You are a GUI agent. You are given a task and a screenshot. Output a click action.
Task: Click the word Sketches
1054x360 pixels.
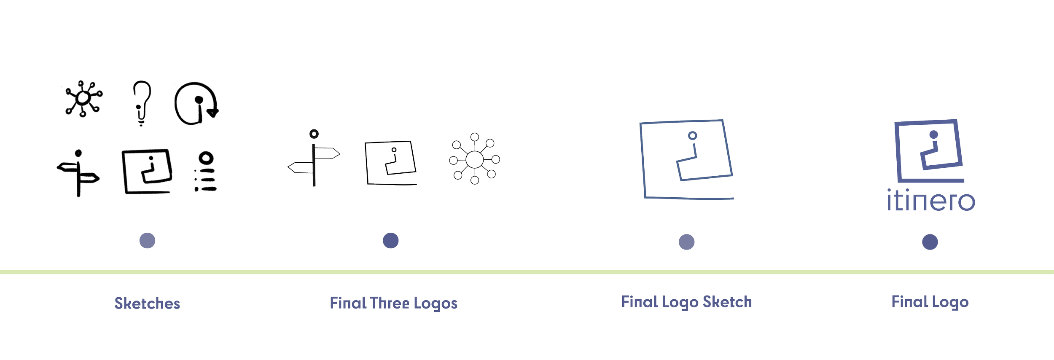coord(147,303)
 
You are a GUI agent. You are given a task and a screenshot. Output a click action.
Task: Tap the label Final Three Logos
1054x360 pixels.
coord(393,303)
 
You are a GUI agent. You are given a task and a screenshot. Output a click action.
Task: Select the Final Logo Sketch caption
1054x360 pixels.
coord(686,302)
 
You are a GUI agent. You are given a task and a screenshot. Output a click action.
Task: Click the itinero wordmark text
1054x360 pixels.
coord(931,200)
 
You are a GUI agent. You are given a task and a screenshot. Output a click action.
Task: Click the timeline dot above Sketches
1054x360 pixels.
coord(147,241)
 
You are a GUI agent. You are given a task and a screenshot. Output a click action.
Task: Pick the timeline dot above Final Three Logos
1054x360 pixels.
coord(391,241)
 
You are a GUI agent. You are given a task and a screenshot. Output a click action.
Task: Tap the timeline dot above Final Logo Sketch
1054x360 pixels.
coord(686,242)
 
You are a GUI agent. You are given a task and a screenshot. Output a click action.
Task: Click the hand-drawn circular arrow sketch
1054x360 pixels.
coord(176,103)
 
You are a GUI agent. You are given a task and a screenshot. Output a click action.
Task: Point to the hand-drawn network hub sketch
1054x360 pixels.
coord(83,98)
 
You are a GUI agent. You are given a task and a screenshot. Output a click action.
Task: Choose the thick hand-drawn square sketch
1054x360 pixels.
coord(125,172)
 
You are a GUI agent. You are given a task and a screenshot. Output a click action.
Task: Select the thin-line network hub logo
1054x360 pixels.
coord(475,159)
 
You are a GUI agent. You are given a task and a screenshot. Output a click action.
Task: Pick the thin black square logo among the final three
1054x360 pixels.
coord(367,163)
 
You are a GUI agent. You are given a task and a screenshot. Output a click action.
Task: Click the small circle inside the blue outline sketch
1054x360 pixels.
coord(692,135)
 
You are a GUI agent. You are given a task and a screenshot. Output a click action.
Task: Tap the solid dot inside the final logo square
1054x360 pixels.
coord(933,134)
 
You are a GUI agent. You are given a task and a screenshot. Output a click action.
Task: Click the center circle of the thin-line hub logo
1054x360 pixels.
coord(475,159)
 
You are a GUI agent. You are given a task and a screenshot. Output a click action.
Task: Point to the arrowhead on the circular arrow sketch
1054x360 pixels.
coord(213,113)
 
